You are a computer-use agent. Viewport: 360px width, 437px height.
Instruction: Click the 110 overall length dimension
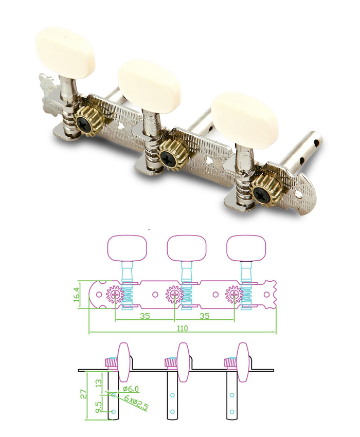[x=182, y=328]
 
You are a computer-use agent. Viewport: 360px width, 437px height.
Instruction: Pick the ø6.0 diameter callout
[x=132, y=389]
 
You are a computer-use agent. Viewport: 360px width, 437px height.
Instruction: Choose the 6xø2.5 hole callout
[x=136, y=402]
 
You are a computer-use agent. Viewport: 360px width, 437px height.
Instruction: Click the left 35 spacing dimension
[x=145, y=316]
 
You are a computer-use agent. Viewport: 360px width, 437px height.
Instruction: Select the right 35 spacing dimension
[x=205, y=316]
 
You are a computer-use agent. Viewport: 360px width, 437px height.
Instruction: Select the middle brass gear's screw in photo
[x=168, y=156]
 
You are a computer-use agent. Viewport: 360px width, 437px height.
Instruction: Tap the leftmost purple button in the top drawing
[x=127, y=247]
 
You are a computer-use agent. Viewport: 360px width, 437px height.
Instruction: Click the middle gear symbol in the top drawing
[x=175, y=295]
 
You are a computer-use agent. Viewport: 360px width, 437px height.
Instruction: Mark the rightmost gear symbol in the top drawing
[x=235, y=295]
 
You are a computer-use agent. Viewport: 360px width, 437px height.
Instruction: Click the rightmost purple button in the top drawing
[x=246, y=247]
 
